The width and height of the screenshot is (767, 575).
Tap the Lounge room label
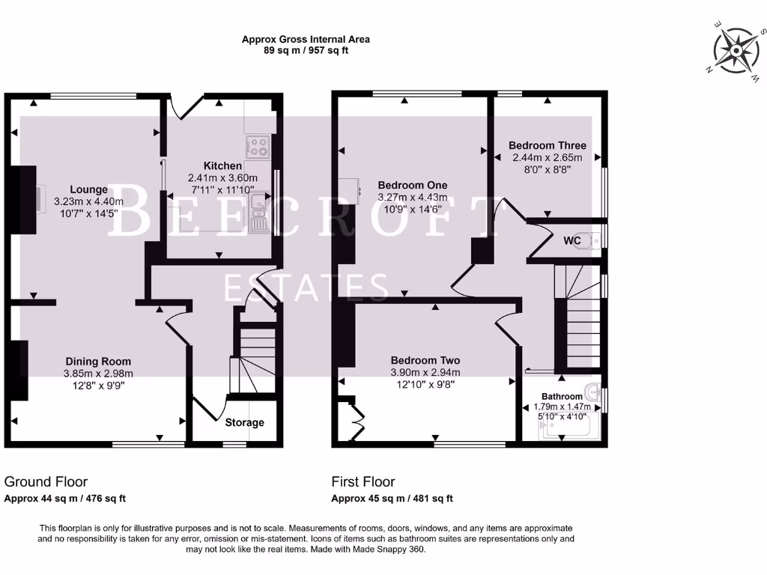coord(89,189)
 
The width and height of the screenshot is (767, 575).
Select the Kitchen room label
coord(222,165)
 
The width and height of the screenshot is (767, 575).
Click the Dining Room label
coord(98,362)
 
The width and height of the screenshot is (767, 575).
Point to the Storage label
coord(245,422)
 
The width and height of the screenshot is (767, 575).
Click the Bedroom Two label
coord(425,359)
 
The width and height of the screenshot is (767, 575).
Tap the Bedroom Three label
coord(547,145)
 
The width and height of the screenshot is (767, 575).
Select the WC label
coord(572,241)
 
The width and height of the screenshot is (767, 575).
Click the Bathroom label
coord(562,396)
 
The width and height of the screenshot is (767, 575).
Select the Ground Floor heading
coord(46,482)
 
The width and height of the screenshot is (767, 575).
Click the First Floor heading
coord(363,482)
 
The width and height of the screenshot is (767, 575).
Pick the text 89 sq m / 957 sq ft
coord(306,51)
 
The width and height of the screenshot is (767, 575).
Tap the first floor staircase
coord(578,322)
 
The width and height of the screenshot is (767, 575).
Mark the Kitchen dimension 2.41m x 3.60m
coord(222,178)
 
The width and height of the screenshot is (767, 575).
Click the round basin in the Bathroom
coord(595,392)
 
